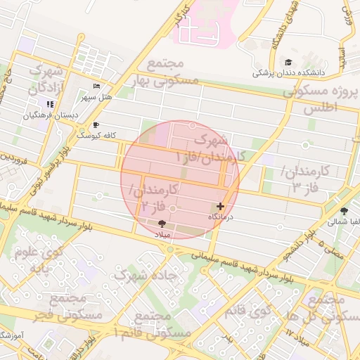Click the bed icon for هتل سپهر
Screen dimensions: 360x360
coord(96,86)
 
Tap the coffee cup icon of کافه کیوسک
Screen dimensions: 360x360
coord(96,124)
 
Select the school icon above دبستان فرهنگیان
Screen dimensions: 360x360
coord(50,104)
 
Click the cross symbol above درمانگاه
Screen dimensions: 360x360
coord(221,206)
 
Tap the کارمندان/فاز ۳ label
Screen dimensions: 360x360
coord(305,180)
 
